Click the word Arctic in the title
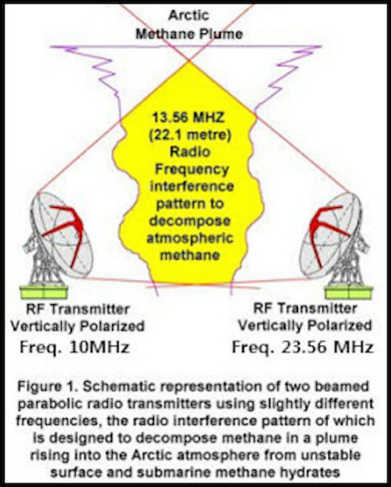[189, 15]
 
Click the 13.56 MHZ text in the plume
[188, 117]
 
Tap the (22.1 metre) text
[190, 136]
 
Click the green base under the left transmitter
[43, 292]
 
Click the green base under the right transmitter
[348, 292]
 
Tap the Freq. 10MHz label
[75, 347]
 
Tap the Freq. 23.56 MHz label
[302, 347]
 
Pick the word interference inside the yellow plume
[192, 186]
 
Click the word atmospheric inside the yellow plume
[190, 238]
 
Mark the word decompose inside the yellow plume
[190, 221]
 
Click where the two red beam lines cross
[189, 60]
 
